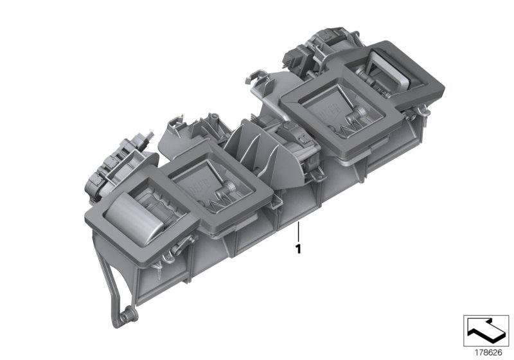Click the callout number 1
point(299,248)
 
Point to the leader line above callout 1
point(299,230)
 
